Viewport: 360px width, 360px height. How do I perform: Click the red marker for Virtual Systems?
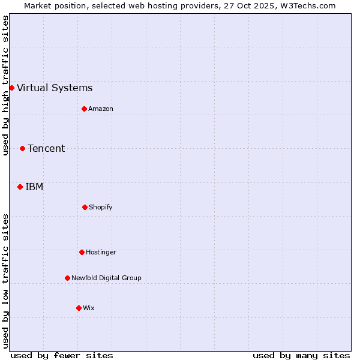[x=11, y=88]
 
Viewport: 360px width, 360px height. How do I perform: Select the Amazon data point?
[x=84, y=109]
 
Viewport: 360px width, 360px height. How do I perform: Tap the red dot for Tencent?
[x=22, y=148]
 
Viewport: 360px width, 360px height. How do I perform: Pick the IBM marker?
[x=20, y=187]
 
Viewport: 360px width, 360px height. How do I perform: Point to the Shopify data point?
[x=85, y=207]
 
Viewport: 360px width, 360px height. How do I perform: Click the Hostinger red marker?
[x=82, y=252]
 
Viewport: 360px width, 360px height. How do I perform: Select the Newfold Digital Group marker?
[x=67, y=278]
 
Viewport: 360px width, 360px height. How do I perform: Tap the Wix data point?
[x=79, y=308]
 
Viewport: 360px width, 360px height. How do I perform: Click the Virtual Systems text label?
[x=55, y=88]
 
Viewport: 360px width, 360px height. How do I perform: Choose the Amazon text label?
[x=101, y=109]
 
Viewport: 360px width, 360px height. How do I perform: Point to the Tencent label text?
[x=46, y=149]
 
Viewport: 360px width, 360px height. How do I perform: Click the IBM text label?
[x=34, y=187]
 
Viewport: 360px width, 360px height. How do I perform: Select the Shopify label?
[x=101, y=208]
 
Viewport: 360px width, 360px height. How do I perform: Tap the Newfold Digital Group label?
[x=106, y=278]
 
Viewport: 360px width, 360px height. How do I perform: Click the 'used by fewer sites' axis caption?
[x=62, y=355]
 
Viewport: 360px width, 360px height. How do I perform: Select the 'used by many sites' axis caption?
[x=301, y=355]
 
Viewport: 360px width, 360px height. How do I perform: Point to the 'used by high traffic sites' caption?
[x=5, y=85]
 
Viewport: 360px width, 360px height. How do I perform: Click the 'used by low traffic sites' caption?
[x=5, y=281]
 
